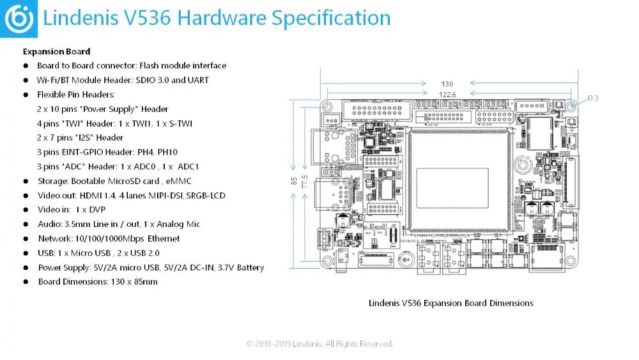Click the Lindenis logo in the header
(x=19, y=19)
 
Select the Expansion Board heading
(x=56, y=51)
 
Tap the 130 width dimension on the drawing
(x=447, y=84)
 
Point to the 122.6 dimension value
(x=447, y=95)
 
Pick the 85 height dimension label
(x=294, y=181)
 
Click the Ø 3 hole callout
(x=593, y=98)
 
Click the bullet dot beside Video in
(x=26, y=210)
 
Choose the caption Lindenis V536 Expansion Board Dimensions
(x=450, y=302)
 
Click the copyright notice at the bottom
(x=319, y=343)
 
